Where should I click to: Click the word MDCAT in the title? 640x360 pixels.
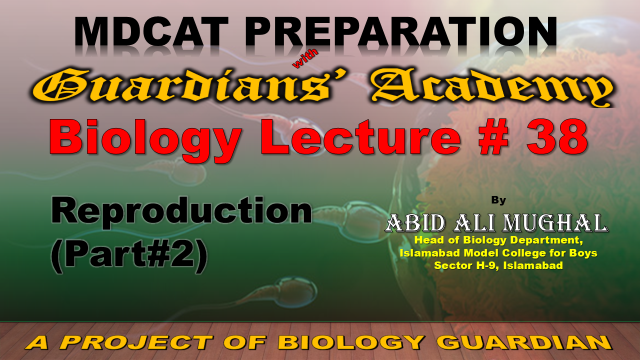tap(151, 31)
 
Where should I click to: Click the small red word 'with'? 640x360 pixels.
tap(305, 59)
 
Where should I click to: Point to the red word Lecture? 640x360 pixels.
tap(360, 137)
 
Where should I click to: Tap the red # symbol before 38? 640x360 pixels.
tap(494, 137)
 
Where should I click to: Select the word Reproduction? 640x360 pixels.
tap(181, 211)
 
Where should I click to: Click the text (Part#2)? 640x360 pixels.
tap(129, 256)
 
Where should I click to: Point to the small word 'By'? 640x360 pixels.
tap(498, 200)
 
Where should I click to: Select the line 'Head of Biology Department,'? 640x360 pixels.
tap(498, 240)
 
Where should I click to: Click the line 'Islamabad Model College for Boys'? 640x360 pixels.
tap(498, 253)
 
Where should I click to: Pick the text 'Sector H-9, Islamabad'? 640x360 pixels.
tap(498, 265)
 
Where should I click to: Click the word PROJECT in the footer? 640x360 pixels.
tap(136, 342)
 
